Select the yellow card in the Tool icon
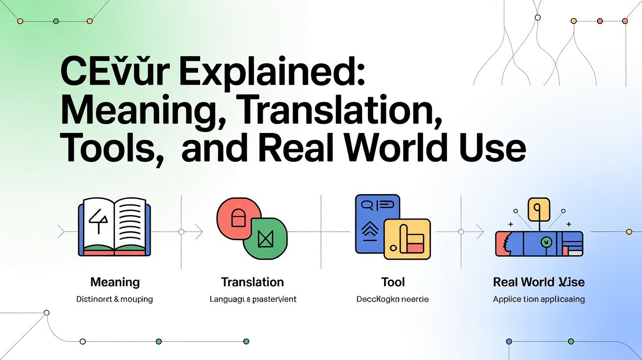pyautogui.click(x=407, y=238)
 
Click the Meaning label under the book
pyautogui.click(x=115, y=282)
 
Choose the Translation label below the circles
pyautogui.click(x=252, y=282)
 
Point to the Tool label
pyautogui.click(x=393, y=282)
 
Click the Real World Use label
pyautogui.click(x=539, y=282)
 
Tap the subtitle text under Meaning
pyautogui.click(x=115, y=299)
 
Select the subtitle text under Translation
pyautogui.click(x=253, y=299)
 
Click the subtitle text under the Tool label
pyautogui.click(x=393, y=299)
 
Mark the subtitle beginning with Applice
pyautogui.click(x=539, y=299)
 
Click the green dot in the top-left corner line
pyautogui.click(x=56, y=21)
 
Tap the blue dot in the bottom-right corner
pyautogui.click(x=509, y=341)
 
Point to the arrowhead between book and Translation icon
pyautogui.click(x=199, y=232)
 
